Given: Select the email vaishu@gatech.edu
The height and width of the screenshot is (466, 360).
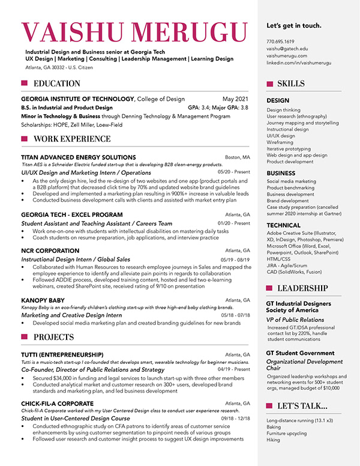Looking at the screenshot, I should pos(287,49).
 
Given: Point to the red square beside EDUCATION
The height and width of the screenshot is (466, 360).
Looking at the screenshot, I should pos(25,83).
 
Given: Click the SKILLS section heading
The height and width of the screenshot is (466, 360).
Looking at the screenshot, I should pos(291,83).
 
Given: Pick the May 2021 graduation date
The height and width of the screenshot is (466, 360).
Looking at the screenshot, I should pos(235,98).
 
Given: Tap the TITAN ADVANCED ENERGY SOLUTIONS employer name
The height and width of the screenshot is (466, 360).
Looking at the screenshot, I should pos(78,157).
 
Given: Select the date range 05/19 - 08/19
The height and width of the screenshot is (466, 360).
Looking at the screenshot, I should pos(236,259).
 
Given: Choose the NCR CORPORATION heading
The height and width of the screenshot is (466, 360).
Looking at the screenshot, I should pos(50,250).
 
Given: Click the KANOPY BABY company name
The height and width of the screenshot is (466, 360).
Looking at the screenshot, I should pos(43,300).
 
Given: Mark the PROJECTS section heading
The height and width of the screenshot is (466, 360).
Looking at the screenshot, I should pos(54,337).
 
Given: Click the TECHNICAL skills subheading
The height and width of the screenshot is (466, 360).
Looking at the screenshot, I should pos(284,225).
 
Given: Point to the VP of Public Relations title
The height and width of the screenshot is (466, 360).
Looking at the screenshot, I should pos(295,320).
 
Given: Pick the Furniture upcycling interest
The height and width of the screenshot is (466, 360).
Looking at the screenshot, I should pos(287,433).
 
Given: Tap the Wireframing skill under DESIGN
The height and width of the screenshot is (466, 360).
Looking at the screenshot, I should pos(281,142).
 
